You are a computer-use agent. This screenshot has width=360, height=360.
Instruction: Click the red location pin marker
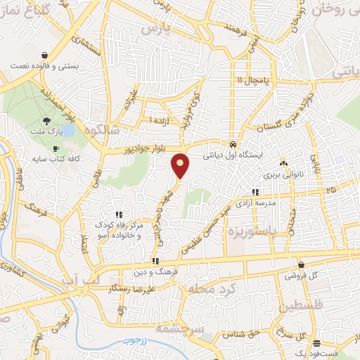click(181, 166)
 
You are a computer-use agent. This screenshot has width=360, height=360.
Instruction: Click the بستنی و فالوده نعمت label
click(44, 65)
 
